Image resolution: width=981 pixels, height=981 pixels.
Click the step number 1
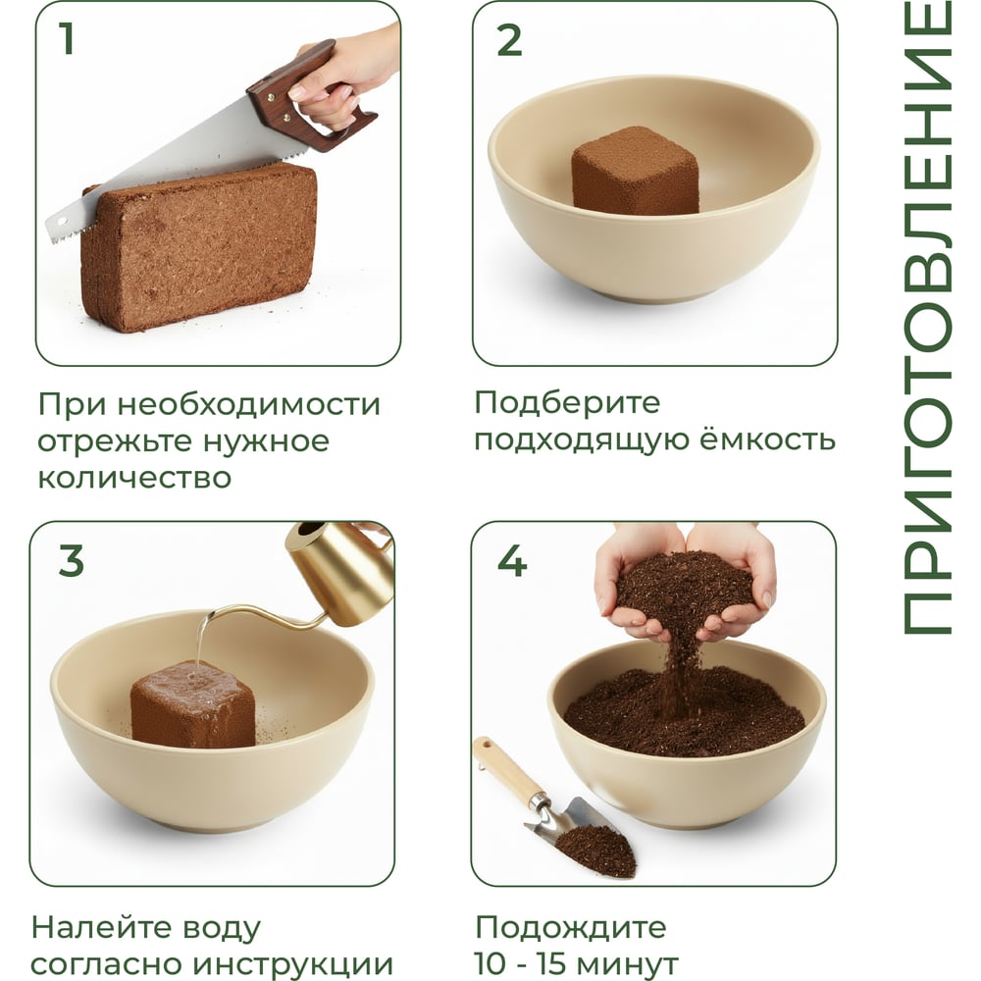(67, 38)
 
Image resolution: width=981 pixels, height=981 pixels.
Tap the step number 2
(509, 40)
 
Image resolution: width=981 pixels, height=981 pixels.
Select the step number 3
(72, 560)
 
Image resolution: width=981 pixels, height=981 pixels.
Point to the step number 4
(512, 560)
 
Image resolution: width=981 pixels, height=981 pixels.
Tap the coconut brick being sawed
(200, 247)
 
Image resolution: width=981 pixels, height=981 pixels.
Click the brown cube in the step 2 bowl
(635, 171)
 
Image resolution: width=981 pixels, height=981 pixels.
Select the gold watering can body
(341, 573)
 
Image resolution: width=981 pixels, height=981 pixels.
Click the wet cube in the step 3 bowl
(192, 704)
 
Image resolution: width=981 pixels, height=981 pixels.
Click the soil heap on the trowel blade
(595, 849)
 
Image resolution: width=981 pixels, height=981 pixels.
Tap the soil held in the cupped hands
(685, 585)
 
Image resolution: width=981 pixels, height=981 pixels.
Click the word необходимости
(249, 404)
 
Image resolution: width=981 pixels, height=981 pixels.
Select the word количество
(134, 478)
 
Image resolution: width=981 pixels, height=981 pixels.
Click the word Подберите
(567, 402)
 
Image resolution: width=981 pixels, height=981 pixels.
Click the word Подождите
(571, 927)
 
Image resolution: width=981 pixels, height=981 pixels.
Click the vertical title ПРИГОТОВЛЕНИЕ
(927, 319)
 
